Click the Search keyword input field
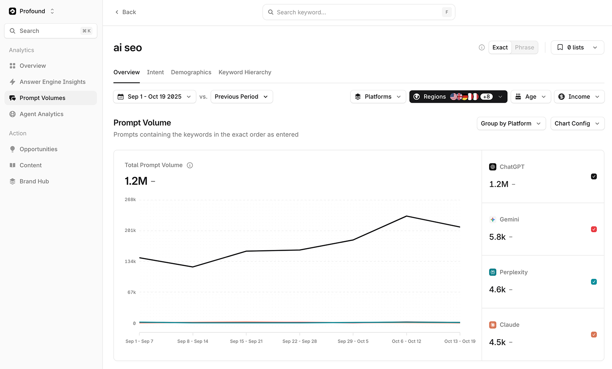click(356, 12)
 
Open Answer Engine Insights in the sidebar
click(52, 82)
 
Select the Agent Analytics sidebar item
click(41, 114)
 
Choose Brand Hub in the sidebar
click(34, 181)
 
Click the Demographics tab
click(191, 72)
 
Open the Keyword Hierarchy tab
click(245, 72)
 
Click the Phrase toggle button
click(524, 47)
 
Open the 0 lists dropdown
click(577, 47)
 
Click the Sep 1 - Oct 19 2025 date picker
click(155, 97)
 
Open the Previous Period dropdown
click(241, 97)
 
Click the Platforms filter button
click(378, 97)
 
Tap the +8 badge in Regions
click(487, 97)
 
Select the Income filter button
click(579, 97)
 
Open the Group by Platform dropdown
click(511, 124)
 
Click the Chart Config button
click(577, 124)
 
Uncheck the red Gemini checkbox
click(594, 229)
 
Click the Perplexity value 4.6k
click(497, 290)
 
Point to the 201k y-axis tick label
click(130, 230)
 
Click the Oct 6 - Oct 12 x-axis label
click(406, 341)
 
